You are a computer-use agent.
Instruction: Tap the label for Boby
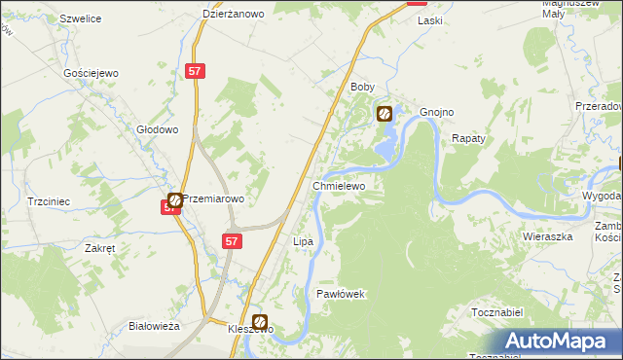(x=362, y=87)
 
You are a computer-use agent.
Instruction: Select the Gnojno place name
(x=437, y=112)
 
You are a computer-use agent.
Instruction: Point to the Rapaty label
(x=468, y=138)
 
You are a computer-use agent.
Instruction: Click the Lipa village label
(x=303, y=240)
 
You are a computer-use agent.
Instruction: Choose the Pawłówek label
(x=340, y=293)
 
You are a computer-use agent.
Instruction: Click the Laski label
(x=429, y=19)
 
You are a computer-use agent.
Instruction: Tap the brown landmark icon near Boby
(x=385, y=114)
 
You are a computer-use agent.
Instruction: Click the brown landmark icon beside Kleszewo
(x=260, y=321)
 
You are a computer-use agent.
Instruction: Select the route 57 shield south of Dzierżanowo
(x=195, y=71)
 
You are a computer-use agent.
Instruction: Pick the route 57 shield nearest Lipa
(x=231, y=240)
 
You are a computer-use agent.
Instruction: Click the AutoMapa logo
(x=559, y=341)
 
